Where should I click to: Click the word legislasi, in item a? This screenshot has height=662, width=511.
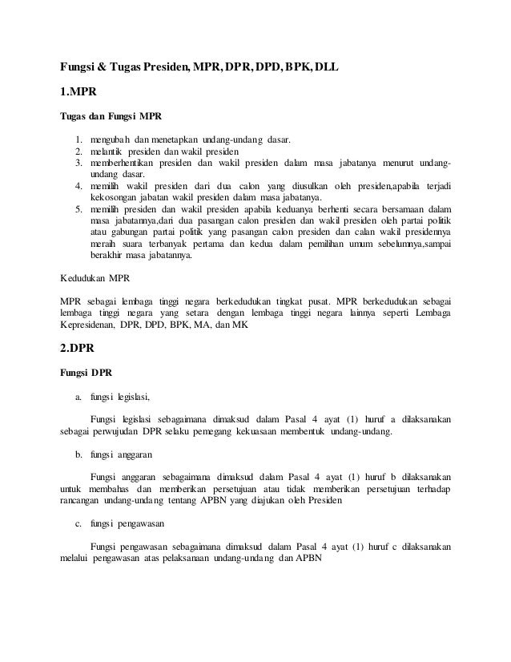point(135,396)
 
